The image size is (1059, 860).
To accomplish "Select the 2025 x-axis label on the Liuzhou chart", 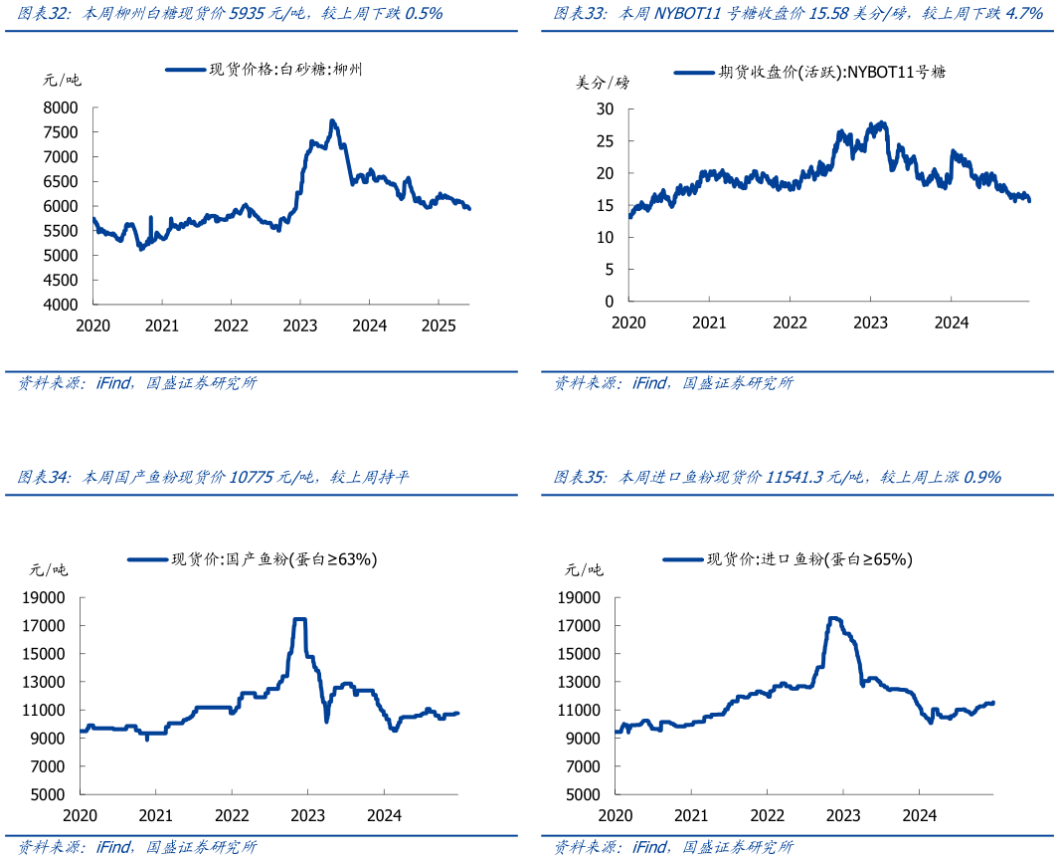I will [439, 325].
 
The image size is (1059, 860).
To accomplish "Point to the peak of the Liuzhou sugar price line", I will [333, 121].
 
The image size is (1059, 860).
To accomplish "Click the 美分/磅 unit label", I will [603, 83].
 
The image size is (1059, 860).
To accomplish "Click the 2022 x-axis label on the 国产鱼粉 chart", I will [231, 815].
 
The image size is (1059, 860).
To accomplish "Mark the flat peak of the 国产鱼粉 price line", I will [298, 619].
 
